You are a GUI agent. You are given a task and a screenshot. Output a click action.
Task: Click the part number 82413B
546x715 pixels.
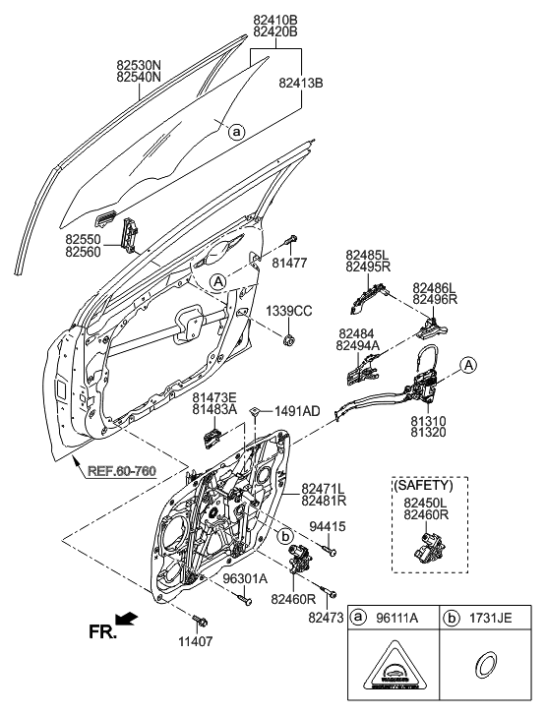click(301, 85)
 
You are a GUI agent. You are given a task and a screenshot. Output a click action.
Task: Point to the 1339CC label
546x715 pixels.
click(289, 311)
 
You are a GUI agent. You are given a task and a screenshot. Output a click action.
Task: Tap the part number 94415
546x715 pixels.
click(328, 528)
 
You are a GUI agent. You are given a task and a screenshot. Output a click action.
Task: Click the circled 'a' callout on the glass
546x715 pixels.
click(236, 130)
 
